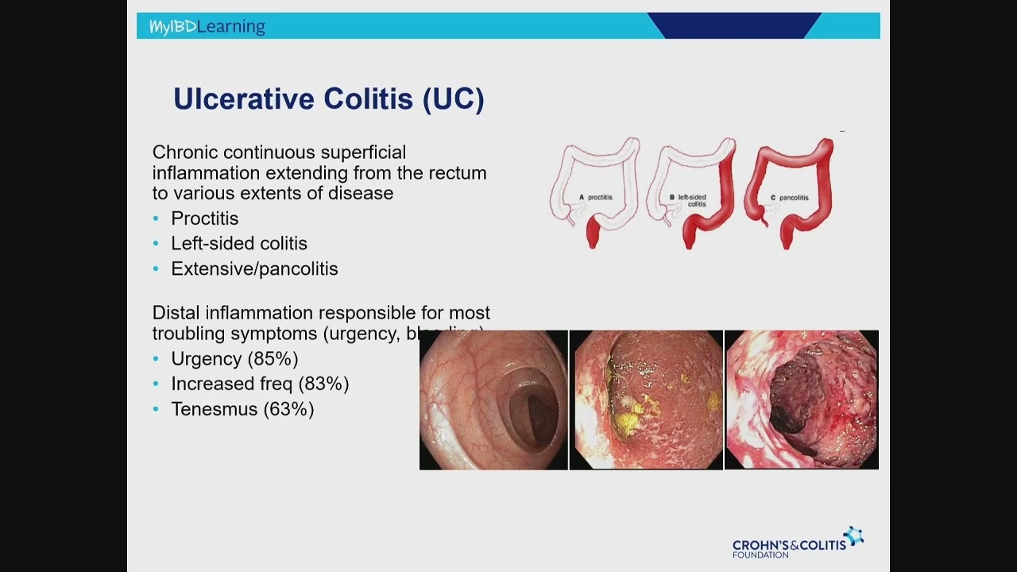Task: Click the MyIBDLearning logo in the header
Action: [207, 26]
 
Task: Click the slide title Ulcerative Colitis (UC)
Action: [328, 99]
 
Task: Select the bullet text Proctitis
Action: [204, 218]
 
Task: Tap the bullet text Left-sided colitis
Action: [238, 244]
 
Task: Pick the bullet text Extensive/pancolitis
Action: [254, 269]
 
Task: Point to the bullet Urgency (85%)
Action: [234, 359]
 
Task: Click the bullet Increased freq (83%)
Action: [260, 385]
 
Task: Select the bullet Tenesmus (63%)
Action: [242, 410]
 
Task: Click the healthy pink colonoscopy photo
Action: [493, 400]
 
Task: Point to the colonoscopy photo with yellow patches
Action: [646, 400]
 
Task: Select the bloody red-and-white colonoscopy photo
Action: [802, 400]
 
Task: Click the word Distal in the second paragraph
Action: [173, 313]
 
